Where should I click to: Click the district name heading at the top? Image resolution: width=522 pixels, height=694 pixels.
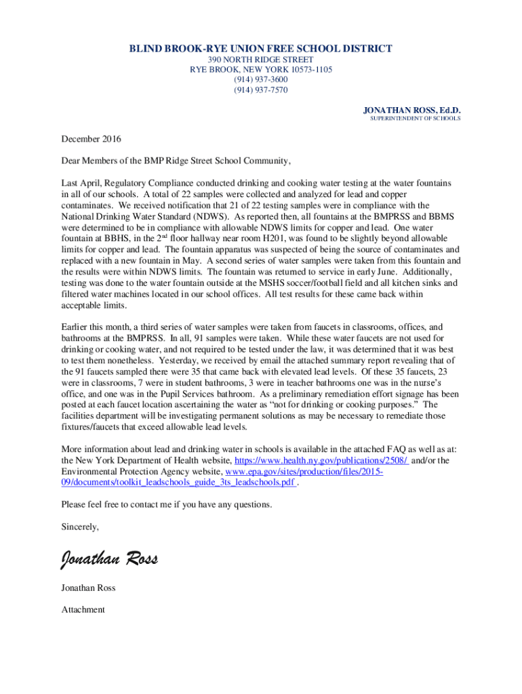click(261, 49)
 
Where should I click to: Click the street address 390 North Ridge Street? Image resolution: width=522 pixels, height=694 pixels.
click(261, 60)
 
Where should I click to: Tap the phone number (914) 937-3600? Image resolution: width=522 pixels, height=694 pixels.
click(261, 79)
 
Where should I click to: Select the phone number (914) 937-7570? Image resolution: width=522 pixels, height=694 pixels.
click(261, 89)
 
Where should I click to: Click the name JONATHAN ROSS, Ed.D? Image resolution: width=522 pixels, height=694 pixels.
click(412, 110)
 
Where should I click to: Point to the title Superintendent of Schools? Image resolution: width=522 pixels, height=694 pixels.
click(415, 119)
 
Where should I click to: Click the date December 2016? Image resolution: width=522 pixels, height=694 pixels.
click(92, 140)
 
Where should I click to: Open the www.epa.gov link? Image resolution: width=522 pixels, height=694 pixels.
click(304, 471)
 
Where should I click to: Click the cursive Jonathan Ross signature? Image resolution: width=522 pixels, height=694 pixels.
click(109, 559)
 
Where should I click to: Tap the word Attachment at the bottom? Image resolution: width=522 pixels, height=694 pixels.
click(83, 610)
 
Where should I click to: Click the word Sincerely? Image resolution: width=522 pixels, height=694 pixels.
click(80, 527)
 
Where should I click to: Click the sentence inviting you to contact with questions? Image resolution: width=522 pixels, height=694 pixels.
click(167, 504)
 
